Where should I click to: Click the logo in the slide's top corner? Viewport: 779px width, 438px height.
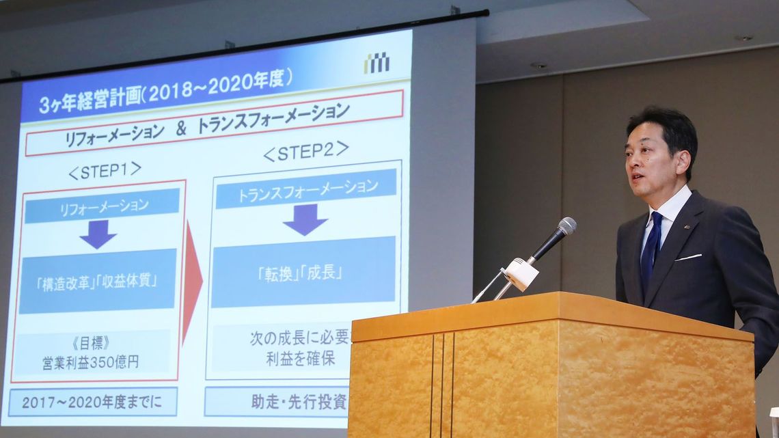377,63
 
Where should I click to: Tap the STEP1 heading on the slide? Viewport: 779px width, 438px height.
105,171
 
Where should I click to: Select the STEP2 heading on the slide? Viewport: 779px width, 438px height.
306,151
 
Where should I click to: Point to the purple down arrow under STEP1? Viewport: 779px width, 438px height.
98,234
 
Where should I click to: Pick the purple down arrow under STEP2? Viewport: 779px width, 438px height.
305,219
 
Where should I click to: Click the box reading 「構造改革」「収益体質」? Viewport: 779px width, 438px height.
98,281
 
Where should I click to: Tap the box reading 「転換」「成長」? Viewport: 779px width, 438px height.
303,272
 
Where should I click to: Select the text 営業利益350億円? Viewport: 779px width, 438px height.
90,362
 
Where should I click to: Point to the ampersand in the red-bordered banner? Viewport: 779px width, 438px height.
181,128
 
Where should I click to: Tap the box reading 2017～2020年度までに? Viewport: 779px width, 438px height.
93,402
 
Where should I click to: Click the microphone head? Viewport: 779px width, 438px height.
566,226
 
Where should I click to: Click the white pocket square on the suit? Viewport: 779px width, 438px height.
688,257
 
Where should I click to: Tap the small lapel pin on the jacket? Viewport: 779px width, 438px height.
687,228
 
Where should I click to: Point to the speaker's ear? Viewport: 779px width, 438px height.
683,161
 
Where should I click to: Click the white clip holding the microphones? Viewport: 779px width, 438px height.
520,273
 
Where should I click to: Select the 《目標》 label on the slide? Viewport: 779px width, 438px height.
90,343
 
